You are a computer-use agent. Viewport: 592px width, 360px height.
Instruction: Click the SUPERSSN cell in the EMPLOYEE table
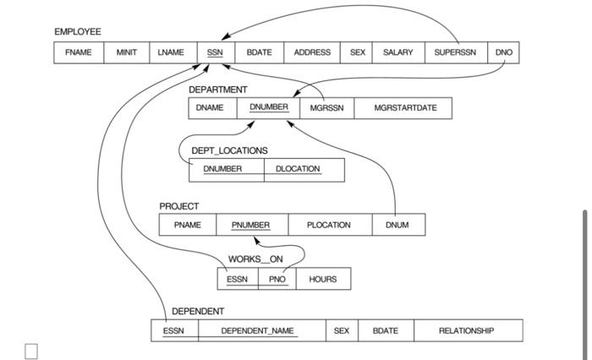[x=455, y=52]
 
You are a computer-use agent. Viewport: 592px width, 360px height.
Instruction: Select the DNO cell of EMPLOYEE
[x=504, y=52]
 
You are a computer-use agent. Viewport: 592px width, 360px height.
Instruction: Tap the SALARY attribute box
[x=397, y=52]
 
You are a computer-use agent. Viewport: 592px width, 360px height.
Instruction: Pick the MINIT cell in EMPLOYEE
[x=126, y=52]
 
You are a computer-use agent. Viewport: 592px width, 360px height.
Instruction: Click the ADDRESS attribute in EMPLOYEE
[x=312, y=52]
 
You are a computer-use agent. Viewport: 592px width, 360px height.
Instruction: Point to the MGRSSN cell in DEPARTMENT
[x=326, y=108]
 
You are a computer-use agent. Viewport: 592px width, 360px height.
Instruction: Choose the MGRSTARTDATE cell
[x=404, y=108]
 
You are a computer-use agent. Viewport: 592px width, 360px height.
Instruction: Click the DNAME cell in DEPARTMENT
[x=211, y=108]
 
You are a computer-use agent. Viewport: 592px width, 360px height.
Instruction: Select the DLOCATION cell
[x=298, y=169]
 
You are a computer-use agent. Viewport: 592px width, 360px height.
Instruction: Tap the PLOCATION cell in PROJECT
[x=329, y=225]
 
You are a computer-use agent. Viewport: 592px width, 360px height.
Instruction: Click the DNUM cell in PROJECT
[x=397, y=225]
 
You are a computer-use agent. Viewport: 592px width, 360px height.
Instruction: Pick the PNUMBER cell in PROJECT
[x=250, y=225]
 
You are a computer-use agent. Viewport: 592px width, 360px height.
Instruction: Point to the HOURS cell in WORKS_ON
[x=322, y=279]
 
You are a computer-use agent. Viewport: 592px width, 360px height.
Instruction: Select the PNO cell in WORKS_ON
[x=277, y=279]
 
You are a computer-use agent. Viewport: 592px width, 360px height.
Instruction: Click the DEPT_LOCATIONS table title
[x=229, y=150]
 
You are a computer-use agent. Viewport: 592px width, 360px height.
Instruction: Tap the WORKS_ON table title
[x=255, y=259]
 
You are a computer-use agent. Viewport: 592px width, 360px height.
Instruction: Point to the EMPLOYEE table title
[x=77, y=32]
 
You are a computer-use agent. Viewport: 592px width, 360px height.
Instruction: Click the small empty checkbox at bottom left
[x=31, y=351]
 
